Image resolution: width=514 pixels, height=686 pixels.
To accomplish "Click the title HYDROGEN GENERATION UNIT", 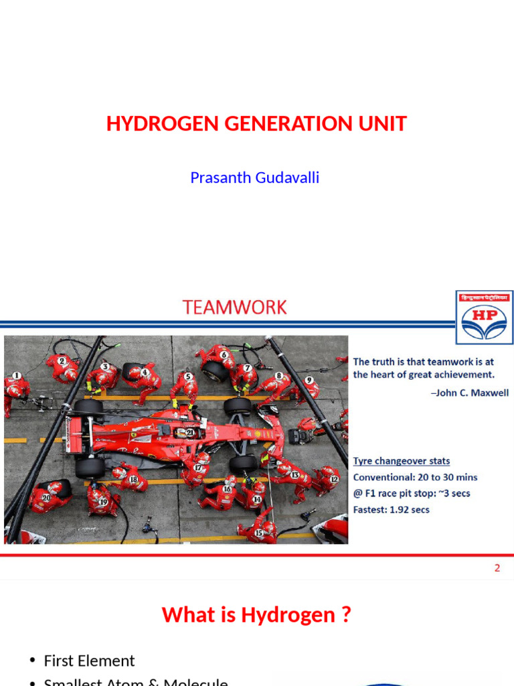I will pos(256,124).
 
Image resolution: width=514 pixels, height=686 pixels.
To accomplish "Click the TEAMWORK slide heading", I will pos(234,307).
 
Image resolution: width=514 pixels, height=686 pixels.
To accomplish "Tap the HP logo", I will pos(485,318).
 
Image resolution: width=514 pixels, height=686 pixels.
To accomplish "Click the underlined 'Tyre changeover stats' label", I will pos(402,461).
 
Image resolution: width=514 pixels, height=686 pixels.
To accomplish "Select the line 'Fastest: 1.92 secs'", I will pos(392,510).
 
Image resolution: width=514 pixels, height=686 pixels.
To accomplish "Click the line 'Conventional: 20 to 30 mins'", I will pos(415,478).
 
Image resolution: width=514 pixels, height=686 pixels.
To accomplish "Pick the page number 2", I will pos(497,568).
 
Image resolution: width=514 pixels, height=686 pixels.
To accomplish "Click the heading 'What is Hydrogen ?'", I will pos(256,615).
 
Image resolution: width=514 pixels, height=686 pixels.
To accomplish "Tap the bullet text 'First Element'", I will pos(89,661).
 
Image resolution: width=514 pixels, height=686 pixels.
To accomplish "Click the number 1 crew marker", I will pos(17,376).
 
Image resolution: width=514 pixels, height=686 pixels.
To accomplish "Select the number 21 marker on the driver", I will pos(191,432).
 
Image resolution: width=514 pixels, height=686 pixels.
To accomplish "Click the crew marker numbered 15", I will pos(258,533).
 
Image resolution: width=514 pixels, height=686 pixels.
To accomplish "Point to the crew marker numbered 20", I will pos(46,498).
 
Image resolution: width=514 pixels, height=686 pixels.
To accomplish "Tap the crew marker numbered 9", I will pos(309,380).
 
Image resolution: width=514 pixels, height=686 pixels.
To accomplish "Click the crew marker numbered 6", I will pos(224,355).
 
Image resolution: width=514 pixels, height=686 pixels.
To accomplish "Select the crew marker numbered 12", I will pos(334,479).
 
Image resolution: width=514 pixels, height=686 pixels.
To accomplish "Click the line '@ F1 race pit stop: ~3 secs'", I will pos(412,494).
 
